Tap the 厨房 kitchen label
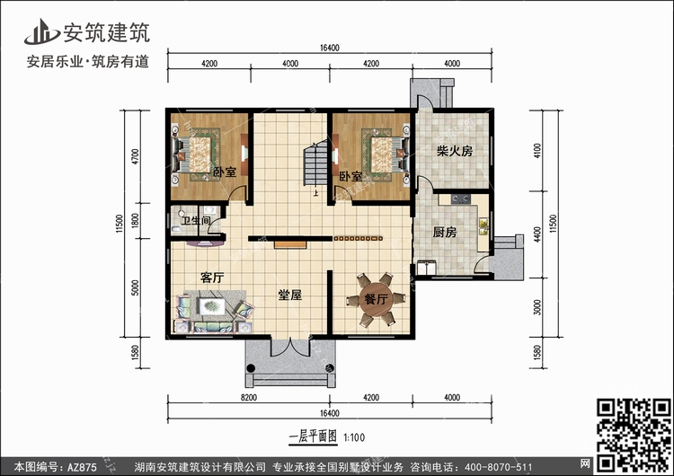click(445, 232)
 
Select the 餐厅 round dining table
click(376, 298)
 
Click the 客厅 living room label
click(212, 278)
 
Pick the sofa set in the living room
click(216, 307)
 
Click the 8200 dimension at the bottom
click(249, 397)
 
